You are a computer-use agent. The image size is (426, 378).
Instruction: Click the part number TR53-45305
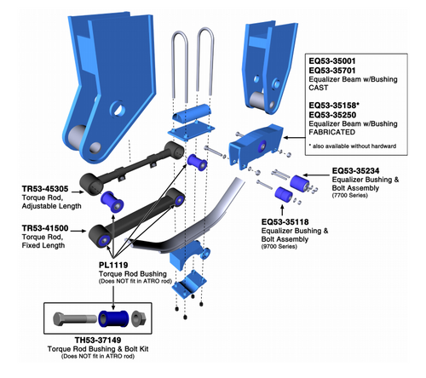pyautogui.click(x=45, y=189)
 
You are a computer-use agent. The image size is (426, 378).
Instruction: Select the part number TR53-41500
pyautogui.click(x=45, y=228)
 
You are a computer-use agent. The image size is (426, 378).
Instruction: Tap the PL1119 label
pyautogui.click(x=113, y=265)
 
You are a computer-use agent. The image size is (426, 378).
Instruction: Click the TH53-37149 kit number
pyautogui.click(x=98, y=340)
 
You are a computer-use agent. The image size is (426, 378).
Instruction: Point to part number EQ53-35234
pyautogui.click(x=355, y=171)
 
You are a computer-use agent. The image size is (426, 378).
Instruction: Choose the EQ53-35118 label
pyautogui.click(x=285, y=222)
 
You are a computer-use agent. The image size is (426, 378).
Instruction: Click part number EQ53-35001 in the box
pyautogui.click(x=332, y=61)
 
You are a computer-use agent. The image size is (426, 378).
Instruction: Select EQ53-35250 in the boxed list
pyautogui.click(x=332, y=115)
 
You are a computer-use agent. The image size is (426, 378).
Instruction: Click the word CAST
pyautogui.click(x=319, y=88)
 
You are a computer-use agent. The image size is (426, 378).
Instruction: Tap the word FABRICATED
pyautogui.click(x=332, y=132)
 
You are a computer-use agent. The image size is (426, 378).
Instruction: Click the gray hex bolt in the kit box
pyautogui.click(x=75, y=319)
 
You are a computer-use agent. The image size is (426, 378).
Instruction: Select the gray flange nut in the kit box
pyautogui.click(x=140, y=318)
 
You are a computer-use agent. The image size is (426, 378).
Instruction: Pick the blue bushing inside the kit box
pyautogui.click(x=113, y=319)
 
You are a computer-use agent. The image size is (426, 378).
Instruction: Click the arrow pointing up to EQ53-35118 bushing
pyautogui.click(x=282, y=210)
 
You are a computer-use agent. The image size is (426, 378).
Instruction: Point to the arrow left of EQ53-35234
pyautogui.click(x=316, y=175)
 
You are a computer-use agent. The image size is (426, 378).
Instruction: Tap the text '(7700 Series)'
pyautogui.click(x=349, y=196)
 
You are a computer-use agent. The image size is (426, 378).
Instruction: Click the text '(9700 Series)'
pyautogui.click(x=279, y=247)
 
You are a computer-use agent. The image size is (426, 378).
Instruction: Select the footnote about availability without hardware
pyautogui.click(x=353, y=146)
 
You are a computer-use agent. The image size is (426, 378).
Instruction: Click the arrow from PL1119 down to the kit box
pyautogui.click(x=113, y=298)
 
